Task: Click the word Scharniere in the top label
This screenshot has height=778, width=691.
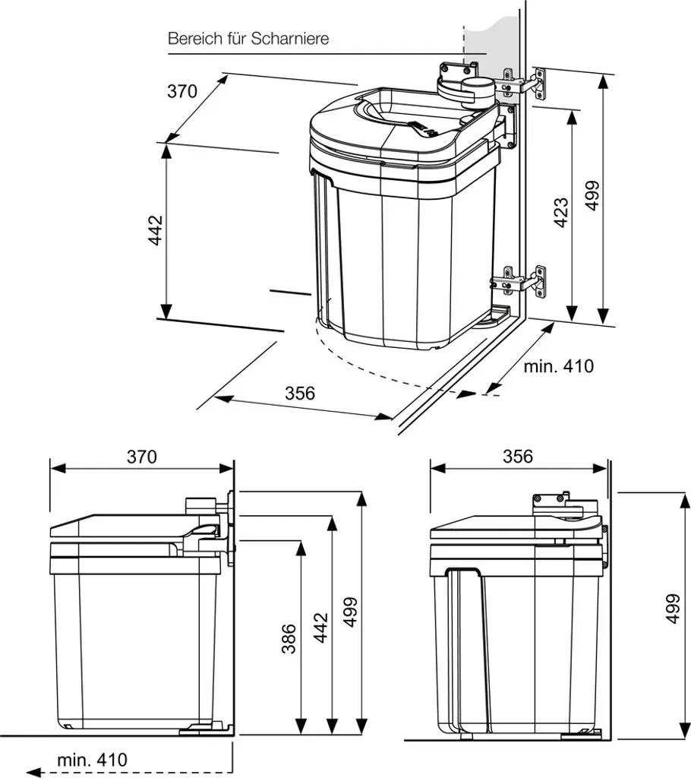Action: [290, 38]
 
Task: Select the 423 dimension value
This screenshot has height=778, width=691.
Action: [561, 213]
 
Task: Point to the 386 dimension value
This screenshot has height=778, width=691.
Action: [289, 638]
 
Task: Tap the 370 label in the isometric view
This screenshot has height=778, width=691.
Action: [182, 91]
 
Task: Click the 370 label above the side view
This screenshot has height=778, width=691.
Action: [142, 457]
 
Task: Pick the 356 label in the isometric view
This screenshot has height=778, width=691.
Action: [300, 393]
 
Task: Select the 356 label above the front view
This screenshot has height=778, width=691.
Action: [518, 457]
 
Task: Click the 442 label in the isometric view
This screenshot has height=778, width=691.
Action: [156, 229]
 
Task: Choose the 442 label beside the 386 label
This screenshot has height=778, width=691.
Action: [321, 628]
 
